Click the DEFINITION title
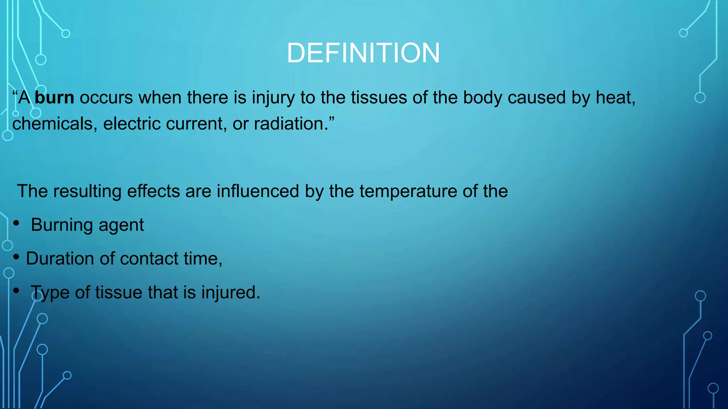363,53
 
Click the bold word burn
54,98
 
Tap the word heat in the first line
615,98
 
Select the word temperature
408,191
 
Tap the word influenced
258,191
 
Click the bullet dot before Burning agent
16,223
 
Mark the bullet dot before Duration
16,257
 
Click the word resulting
87,191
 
